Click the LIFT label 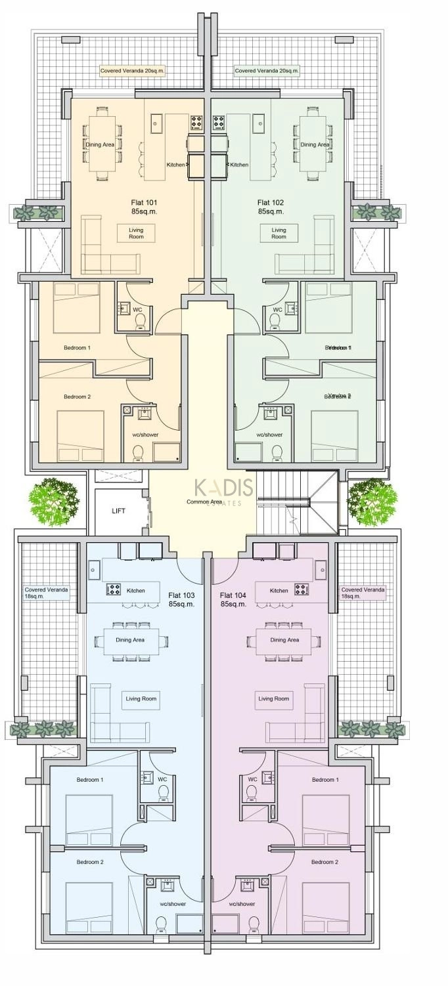(118, 510)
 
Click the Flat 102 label (271, 207)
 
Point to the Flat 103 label (181, 599)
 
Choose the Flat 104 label (233, 599)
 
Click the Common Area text (204, 502)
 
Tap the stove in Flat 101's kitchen (196, 121)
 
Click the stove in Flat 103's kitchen (113, 589)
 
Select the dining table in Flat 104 (284, 641)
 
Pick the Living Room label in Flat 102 (279, 233)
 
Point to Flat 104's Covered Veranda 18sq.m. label (363, 593)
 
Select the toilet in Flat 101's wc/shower (138, 452)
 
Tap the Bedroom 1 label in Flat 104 (325, 779)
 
